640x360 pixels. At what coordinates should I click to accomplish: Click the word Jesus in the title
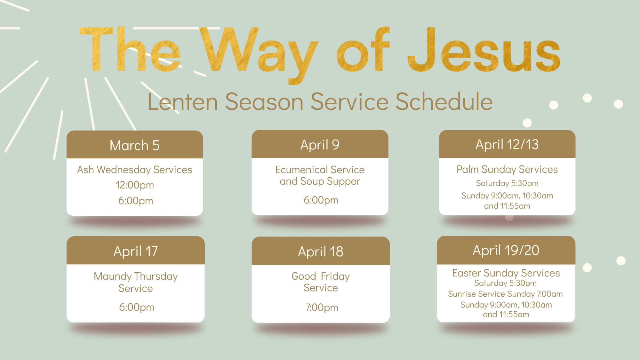pyautogui.click(x=484, y=50)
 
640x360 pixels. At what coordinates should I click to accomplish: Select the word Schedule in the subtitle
pyautogui.click(x=444, y=101)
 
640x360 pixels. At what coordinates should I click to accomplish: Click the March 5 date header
pyautogui.click(x=135, y=145)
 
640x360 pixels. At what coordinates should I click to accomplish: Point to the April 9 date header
pyautogui.click(x=320, y=145)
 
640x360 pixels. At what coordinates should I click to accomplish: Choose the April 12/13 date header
pyautogui.click(x=507, y=144)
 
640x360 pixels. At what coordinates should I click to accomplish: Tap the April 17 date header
pyautogui.click(x=136, y=251)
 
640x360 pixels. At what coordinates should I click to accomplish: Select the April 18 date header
pyautogui.click(x=321, y=252)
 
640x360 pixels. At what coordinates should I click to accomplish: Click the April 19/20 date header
pyautogui.click(x=506, y=250)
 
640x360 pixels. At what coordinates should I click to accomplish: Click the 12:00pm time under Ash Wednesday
pyautogui.click(x=135, y=185)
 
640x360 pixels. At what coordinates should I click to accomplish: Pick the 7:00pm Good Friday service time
pyautogui.click(x=322, y=308)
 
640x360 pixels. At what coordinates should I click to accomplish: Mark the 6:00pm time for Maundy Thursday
pyautogui.click(x=137, y=307)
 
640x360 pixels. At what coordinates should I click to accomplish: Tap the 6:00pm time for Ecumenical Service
pyautogui.click(x=321, y=200)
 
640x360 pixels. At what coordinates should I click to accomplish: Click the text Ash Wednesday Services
pyautogui.click(x=135, y=170)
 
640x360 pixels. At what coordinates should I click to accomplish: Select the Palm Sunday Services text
pyautogui.click(x=507, y=169)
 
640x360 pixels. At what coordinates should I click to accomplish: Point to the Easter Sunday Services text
pyautogui.click(x=506, y=273)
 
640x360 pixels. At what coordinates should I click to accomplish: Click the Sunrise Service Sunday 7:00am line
pyautogui.click(x=505, y=294)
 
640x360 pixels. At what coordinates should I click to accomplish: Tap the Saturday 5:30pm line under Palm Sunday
pyautogui.click(x=507, y=183)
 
